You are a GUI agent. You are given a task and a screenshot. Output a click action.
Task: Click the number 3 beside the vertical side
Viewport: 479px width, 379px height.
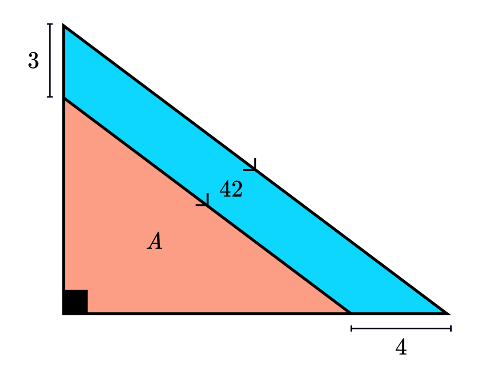(x=33, y=61)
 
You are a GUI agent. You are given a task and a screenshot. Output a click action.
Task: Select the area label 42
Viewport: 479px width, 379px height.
(x=231, y=189)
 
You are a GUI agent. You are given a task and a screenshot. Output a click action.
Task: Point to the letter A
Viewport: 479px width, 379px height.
(x=154, y=241)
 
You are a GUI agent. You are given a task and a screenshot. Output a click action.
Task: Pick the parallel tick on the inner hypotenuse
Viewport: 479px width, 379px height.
(x=204, y=201)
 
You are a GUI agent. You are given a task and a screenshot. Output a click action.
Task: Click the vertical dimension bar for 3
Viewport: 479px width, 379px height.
(x=50, y=60)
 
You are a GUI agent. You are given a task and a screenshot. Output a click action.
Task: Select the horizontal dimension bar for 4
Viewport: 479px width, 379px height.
(x=401, y=328)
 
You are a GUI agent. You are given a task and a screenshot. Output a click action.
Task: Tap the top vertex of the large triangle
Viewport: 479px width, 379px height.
(x=64, y=26)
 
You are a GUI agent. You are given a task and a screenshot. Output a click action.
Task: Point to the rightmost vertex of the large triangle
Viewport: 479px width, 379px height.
(x=448, y=314)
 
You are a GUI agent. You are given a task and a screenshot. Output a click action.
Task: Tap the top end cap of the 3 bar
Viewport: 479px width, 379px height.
(x=50, y=24)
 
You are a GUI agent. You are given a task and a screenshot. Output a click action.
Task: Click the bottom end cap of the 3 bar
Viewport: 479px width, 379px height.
(x=50, y=97)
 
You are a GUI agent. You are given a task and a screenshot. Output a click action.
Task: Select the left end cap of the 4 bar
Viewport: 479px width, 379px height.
(x=352, y=328)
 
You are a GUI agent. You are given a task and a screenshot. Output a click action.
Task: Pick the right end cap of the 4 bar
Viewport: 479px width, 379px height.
(x=451, y=328)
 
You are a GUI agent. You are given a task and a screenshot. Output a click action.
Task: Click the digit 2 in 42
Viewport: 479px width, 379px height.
(x=237, y=189)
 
